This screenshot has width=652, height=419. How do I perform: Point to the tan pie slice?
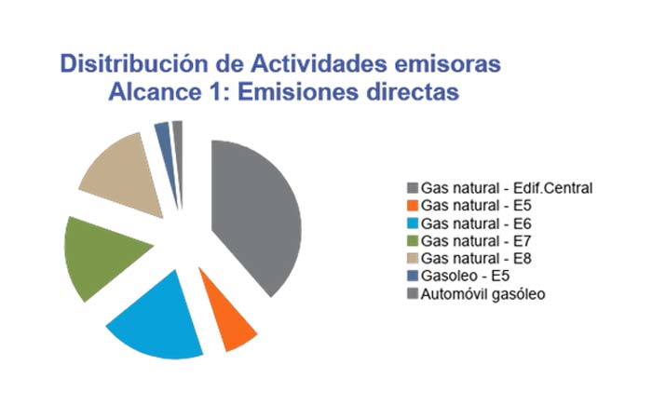click(x=125, y=175)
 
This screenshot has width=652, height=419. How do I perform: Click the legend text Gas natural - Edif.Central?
click(x=507, y=188)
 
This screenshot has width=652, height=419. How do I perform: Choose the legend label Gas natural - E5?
click(x=476, y=206)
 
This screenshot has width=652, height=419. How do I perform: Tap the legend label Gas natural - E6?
click(x=476, y=223)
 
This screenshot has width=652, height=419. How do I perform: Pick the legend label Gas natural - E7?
click(x=476, y=241)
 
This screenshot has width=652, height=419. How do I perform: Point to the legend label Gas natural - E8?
click(x=476, y=259)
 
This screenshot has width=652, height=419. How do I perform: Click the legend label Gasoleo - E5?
click(x=465, y=276)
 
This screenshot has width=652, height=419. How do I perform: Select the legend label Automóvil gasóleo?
click(x=482, y=294)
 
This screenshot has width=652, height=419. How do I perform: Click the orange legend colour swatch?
click(x=413, y=206)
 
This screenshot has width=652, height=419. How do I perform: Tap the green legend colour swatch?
click(x=413, y=241)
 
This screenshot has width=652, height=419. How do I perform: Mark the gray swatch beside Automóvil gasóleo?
click(x=413, y=294)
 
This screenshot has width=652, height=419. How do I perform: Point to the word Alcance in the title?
click(x=155, y=92)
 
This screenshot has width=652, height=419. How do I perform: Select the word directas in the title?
click(x=413, y=92)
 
